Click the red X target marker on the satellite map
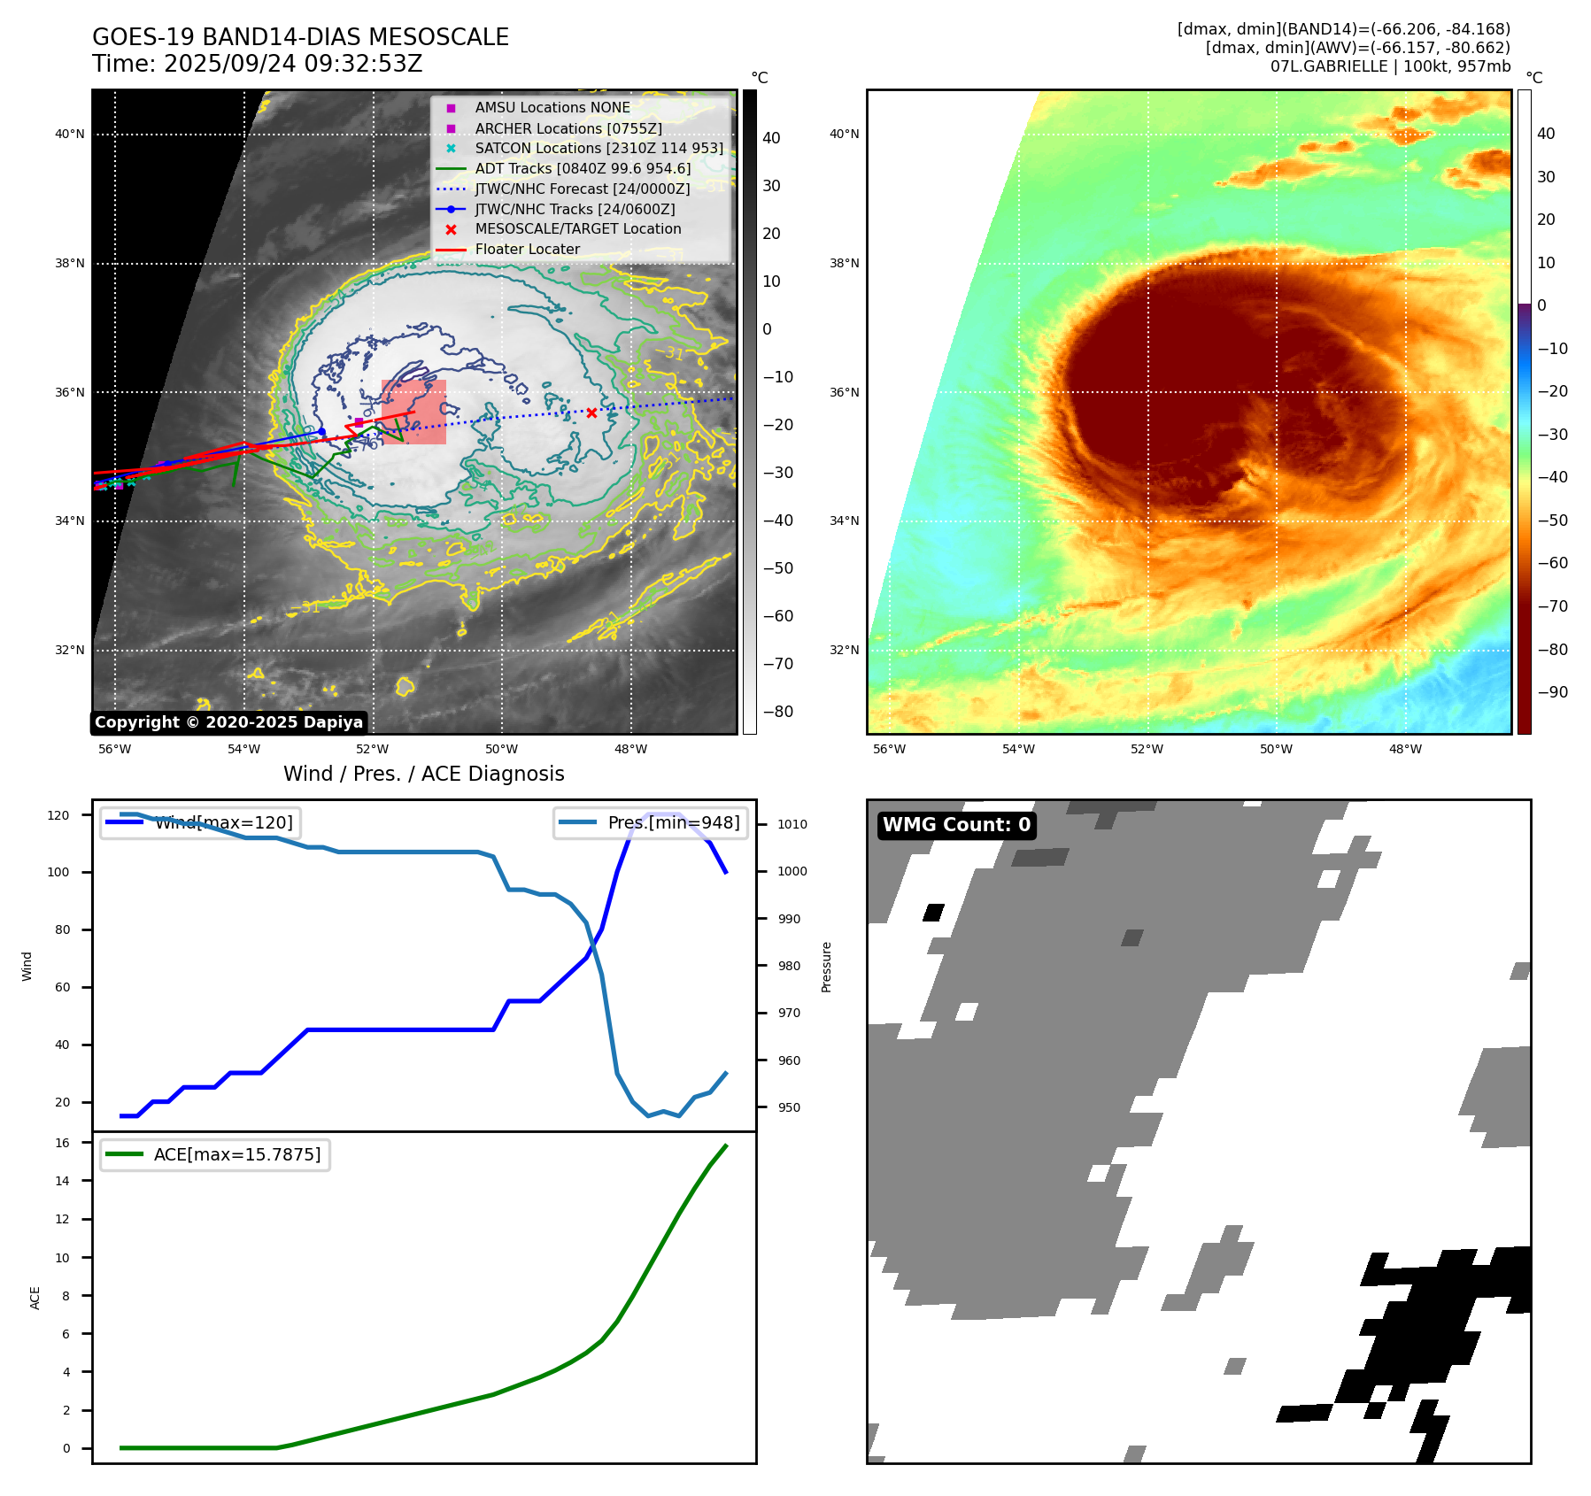pyautogui.click(x=591, y=413)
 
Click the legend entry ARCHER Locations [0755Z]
pyautogui.click(x=568, y=128)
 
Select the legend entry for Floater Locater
pyautogui.click(x=527, y=250)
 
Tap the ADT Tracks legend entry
pyautogui.click(x=582, y=168)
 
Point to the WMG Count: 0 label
pyautogui.click(x=956, y=825)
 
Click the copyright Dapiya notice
pyautogui.click(x=228, y=722)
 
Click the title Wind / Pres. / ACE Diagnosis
pyautogui.click(x=423, y=774)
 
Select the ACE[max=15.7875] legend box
pyautogui.click(x=215, y=1154)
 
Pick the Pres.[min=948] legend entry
pyautogui.click(x=651, y=822)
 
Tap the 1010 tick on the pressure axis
pyautogui.click(x=792, y=824)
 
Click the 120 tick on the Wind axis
pyautogui.click(x=58, y=815)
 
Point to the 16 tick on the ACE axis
pyautogui.click(x=63, y=1143)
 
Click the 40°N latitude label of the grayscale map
pyautogui.click(x=70, y=135)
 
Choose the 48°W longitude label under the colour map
pyautogui.click(x=1405, y=749)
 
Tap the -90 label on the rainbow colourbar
pyautogui.click(x=1553, y=692)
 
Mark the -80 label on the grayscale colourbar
pyautogui.click(x=778, y=712)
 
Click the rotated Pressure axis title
pyautogui.click(x=826, y=967)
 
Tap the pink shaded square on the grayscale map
pyautogui.click(x=414, y=412)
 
